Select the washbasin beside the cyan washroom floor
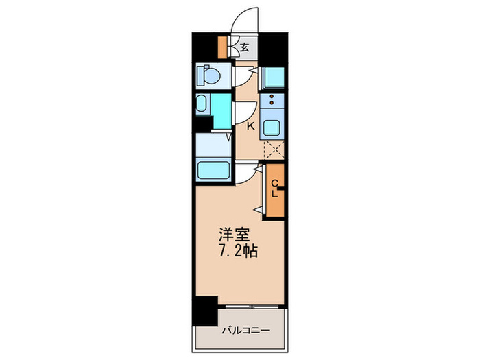(x=202, y=105)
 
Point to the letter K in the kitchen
(x=250, y=125)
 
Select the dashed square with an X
(x=274, y=149)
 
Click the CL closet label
(x=274, y=188)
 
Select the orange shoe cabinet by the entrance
(x=222, y=47)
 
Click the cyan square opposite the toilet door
(x=274, y=75)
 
